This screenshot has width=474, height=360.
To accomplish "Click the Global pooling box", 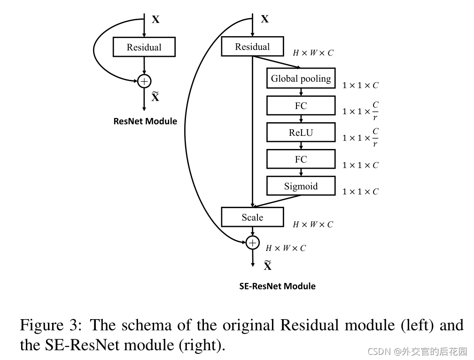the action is point(301,78).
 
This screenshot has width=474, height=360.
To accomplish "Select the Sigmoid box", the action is point(301,186).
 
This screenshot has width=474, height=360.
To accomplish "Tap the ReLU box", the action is point(301,132).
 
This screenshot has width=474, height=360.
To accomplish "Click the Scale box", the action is point(252,217).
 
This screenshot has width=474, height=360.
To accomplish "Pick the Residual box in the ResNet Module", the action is point(144,47).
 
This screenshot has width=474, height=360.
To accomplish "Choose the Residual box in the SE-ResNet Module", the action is point(252,46).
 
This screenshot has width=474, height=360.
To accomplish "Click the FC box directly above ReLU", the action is point(301,106).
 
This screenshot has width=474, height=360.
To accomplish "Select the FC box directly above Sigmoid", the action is point(301,159).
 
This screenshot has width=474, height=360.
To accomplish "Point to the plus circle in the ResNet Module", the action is point(144,81).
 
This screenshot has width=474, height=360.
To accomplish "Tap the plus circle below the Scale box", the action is point(252,243).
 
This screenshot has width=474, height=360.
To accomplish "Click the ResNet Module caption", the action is point(145,121).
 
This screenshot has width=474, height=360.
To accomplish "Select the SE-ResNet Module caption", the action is point(277,286).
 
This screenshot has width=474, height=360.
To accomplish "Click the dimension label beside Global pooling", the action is point(360,86).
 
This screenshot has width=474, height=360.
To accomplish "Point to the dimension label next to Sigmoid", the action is point(360,191).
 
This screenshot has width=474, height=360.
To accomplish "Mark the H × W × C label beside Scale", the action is point(313,224).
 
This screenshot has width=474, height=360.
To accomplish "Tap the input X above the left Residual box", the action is point(155,20).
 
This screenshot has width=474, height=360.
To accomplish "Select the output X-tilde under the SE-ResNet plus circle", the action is point(267,265).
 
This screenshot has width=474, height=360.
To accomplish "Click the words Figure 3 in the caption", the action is point(51,325).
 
